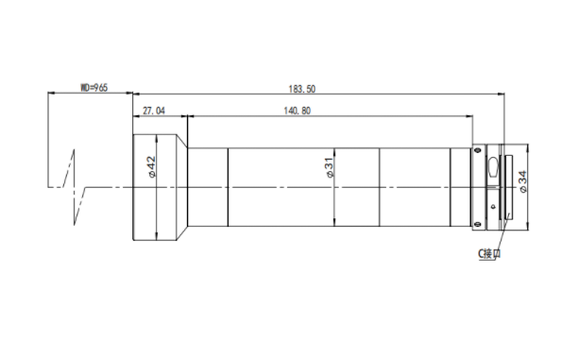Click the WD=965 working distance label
pos(94,88)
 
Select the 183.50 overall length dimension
pos(302,89)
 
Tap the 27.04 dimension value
pos(154,111)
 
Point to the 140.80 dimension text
pos(298,111)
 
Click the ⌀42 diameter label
pos(152,166)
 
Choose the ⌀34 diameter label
pos(523,181)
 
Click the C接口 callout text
pos(489,254)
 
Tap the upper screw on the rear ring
pos(477,149)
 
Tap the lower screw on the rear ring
pos(477,225)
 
